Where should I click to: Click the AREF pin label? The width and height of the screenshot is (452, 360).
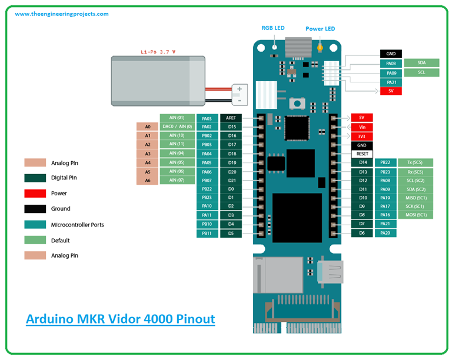coord(231,118)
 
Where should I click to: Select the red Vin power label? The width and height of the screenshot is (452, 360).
coord(362,127)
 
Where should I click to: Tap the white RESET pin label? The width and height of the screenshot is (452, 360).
coord(362,154)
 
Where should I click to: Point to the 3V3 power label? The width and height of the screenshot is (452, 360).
coord(362,136)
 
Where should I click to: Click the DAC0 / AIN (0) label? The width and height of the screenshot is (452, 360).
coord(177,126)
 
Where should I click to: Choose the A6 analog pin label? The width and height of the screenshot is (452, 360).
coord(147,181)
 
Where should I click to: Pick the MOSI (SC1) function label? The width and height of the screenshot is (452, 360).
coord(416,215)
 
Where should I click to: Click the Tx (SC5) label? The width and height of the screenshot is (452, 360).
coord(416,162)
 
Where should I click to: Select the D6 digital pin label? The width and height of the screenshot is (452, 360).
coord(362,233)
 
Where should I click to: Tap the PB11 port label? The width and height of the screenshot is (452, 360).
coord(207,234)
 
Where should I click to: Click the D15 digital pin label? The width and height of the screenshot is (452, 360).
coord(231,126)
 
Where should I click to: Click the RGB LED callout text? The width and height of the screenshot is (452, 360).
coord(273,28)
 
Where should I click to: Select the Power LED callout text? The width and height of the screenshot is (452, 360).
coord(320,28)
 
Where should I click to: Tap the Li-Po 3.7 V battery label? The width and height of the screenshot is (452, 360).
coord(158,52)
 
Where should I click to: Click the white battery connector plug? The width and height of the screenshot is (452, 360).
coord(240,92)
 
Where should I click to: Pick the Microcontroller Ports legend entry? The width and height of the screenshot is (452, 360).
coord(78,225)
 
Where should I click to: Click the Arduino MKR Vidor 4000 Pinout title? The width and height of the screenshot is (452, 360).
coord(121,319)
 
